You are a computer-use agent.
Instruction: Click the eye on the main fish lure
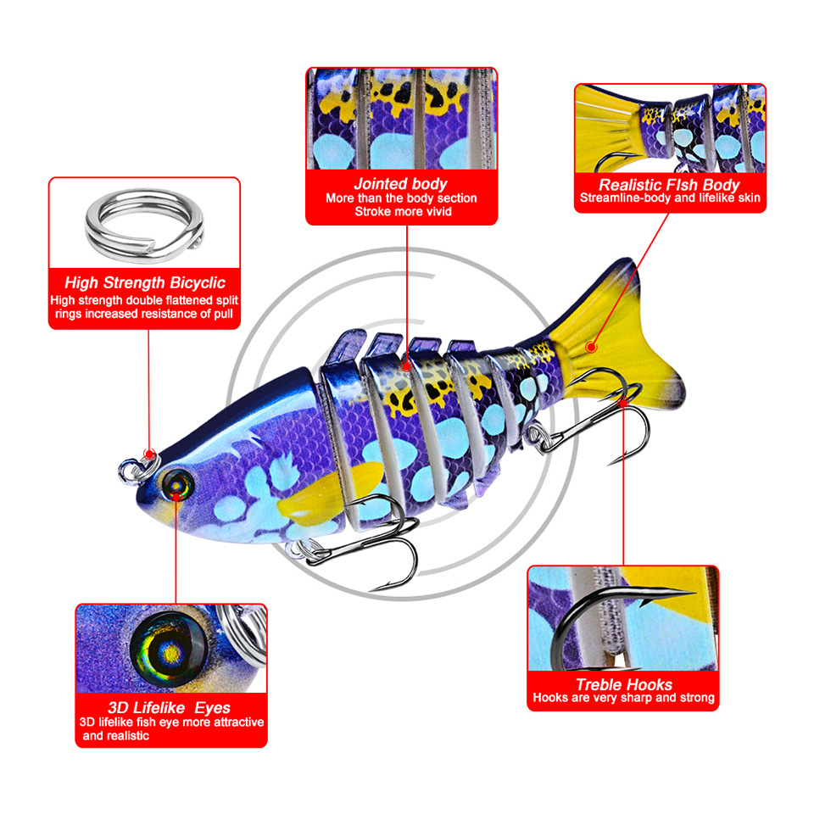point(179,484)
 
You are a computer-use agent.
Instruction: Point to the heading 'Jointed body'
point(401,183)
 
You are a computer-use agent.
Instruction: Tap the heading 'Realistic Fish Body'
point(670,184)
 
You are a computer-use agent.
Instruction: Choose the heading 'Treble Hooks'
point(623,684)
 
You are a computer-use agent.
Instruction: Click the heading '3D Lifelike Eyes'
point(170,707)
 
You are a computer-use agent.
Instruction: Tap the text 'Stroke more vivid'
point(401,211)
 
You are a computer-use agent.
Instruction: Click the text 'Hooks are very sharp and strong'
point(623,698)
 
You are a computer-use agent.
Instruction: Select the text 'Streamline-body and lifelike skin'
point(670,198)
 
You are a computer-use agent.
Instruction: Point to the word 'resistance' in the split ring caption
point(152,314)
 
